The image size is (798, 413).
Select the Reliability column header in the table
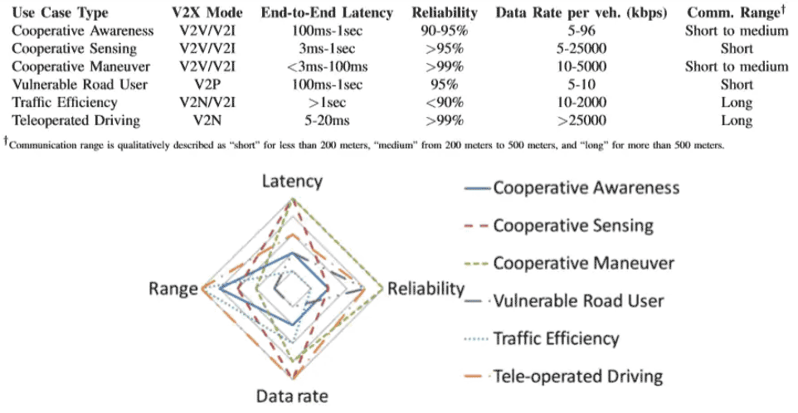tap(445, 12)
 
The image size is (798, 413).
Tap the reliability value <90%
tap(445, 103)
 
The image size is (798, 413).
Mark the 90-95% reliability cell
tap(445, 31)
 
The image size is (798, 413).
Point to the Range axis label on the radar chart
tap(172, 289)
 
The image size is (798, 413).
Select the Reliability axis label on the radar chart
tap(426, 289)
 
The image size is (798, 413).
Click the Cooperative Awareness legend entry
tap(586, 187)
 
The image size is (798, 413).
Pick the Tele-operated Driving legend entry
tap(577, 377)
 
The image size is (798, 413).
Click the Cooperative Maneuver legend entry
tap(583, 263)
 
